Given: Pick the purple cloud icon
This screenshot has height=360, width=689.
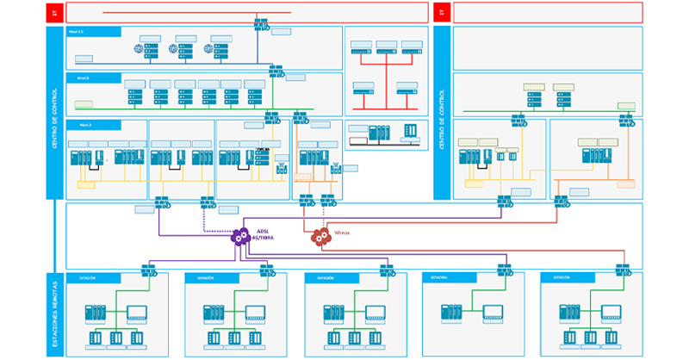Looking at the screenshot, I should (241, 236).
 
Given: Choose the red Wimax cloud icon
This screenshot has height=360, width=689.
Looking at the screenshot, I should (320, 236).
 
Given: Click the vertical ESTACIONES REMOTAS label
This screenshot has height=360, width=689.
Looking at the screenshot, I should (55, 315).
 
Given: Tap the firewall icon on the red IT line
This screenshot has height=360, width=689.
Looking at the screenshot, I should (261, 25).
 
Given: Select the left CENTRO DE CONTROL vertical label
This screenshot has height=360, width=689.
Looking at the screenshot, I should (55, 112).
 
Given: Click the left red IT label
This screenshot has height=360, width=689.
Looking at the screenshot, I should (55, 12).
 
